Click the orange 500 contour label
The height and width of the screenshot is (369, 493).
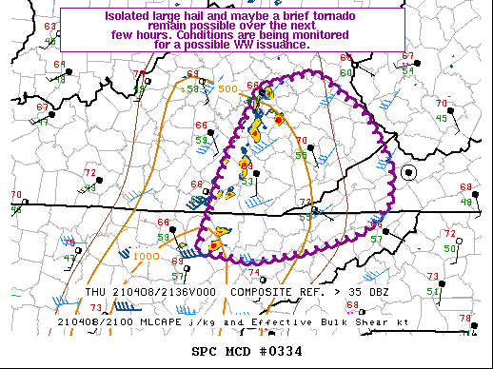tap(227, 88)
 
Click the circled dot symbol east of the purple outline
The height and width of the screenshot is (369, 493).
tap(409, 172)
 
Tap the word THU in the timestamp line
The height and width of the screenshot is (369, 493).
tap(95, 292)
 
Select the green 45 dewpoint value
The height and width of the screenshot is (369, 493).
tap(442, 118)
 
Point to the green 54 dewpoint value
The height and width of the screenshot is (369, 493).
tap(408, 70)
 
